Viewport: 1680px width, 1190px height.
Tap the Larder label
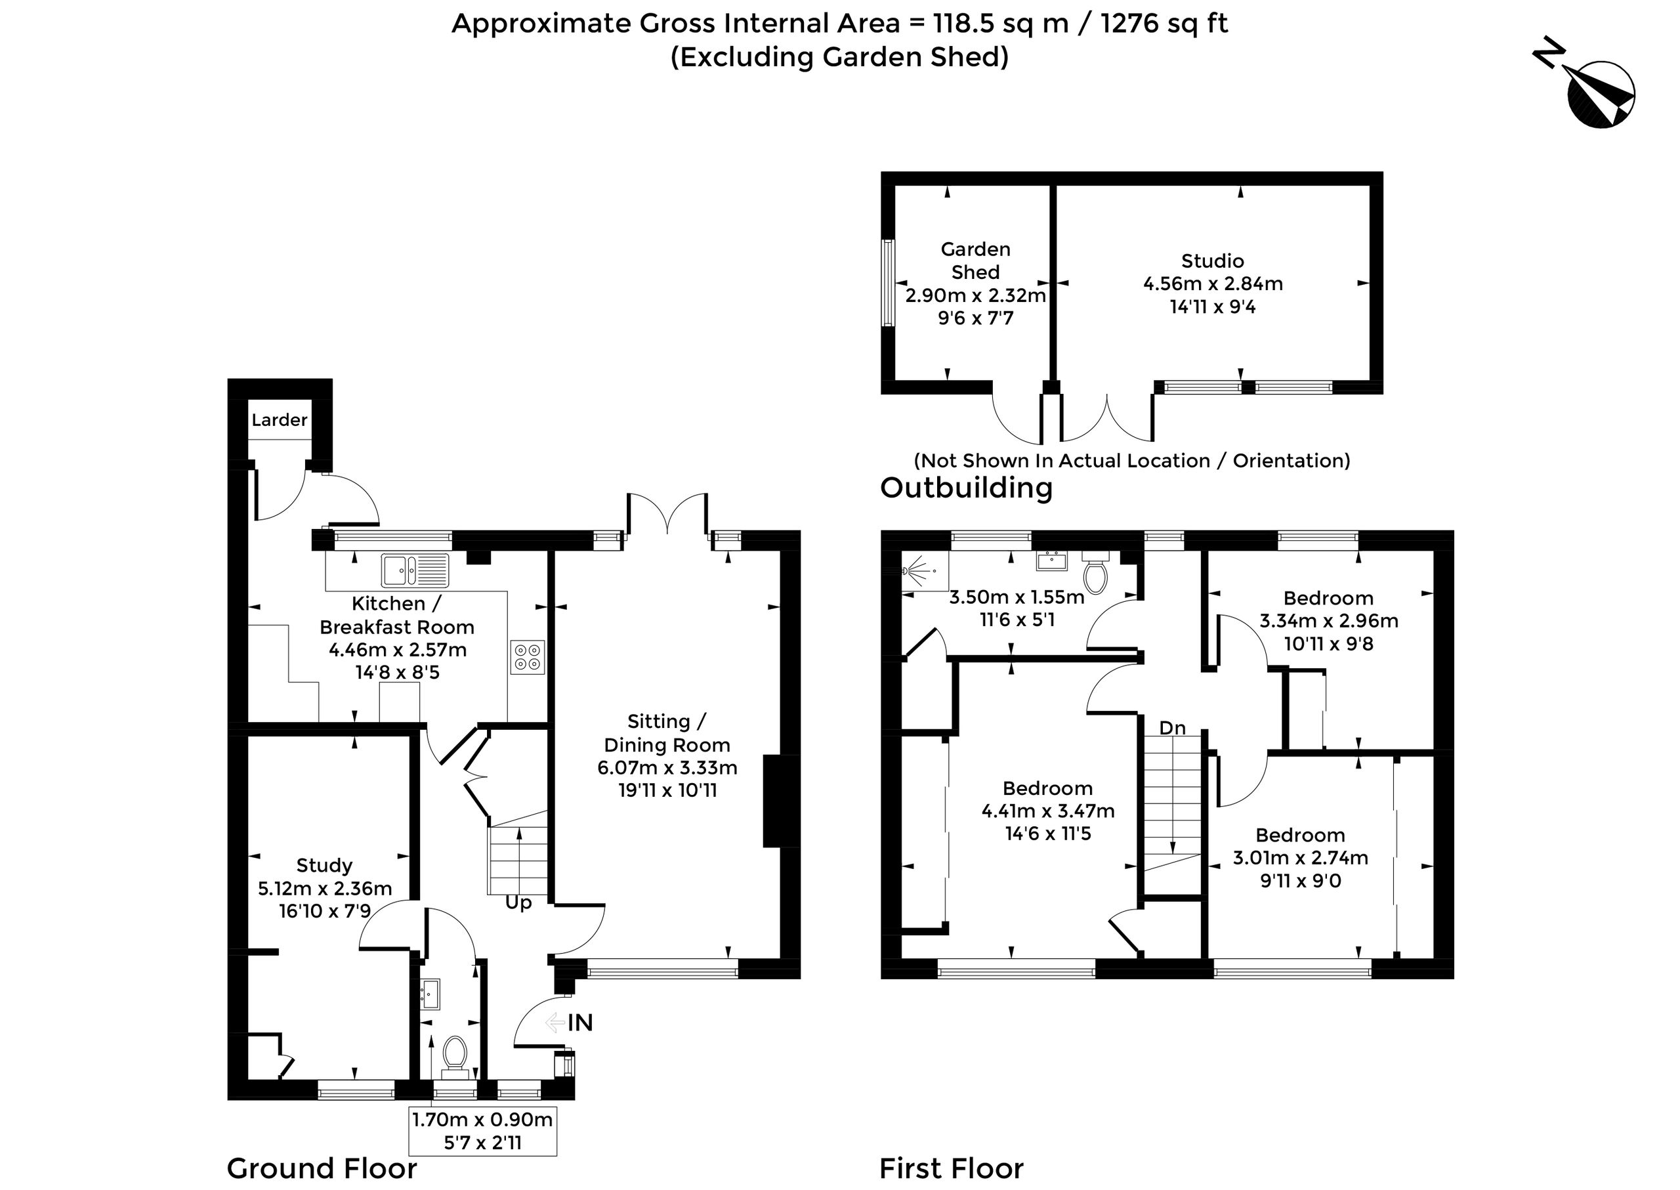click(x=279, y=420)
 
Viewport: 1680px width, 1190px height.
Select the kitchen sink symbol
click(x=415, y=570)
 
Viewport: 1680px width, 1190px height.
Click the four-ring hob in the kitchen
click(x=528, y=657)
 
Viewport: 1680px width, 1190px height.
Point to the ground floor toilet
click(x=455, y=1057)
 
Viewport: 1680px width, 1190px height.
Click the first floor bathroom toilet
click(x=1095, y=572)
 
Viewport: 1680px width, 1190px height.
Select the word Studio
click(x=1213, y=261)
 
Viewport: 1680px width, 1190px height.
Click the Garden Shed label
click(x=975, y=261)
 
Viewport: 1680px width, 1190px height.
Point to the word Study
click(x=324, y=865)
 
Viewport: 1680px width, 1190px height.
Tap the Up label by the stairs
click(x=518, y=903)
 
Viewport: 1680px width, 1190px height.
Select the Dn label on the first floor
click(x=1172, y=728)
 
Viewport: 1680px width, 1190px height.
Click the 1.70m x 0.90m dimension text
click(x=482, y=1119)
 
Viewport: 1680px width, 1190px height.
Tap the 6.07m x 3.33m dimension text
click(x=667, y=768)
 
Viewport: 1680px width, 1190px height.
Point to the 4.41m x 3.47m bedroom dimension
click(x=1048, y=811)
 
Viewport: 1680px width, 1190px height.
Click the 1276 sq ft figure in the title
click(x=1164, y=24)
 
